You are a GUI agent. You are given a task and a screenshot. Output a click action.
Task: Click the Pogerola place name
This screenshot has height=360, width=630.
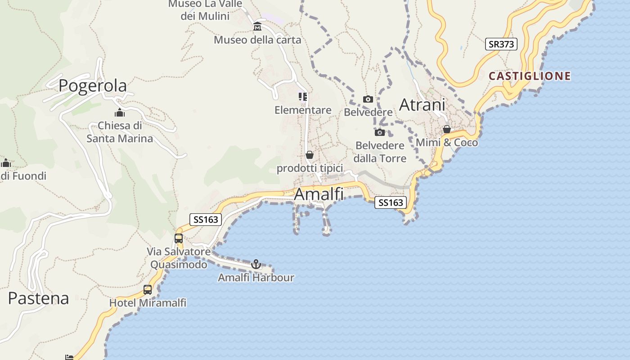pyautogui.click(x=93, y=85)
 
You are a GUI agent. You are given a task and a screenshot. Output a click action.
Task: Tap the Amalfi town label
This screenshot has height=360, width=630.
pyautogui.click(x=319, y=194)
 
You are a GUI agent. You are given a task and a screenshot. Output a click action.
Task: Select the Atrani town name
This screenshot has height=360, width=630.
pyautogui.click(x=422, y=105)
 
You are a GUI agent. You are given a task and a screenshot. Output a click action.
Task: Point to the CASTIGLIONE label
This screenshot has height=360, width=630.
pyautogui.click(x=530, y=76)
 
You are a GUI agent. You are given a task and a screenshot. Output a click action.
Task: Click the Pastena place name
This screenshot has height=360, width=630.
pyautogui.click(x=39, y=298)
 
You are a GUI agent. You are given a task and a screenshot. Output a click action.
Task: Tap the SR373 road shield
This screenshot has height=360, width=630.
pyautogui.click(x=501, y=44)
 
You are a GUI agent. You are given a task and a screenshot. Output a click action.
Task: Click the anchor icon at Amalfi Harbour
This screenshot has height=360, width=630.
pyautogui.click(x=256, y=264)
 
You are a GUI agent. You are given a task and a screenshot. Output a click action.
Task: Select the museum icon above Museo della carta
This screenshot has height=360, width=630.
pyautogui.click(x=257, y=27)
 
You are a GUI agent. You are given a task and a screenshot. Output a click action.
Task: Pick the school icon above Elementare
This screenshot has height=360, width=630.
pyautogui.click(x=303, y=97)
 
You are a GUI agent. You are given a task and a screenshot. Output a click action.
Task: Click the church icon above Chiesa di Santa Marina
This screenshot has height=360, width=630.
pyautogui.click(x=119, y=112)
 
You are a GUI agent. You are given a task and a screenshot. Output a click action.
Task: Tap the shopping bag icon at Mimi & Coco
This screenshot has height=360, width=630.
pyautogui.click(x=447, y=129)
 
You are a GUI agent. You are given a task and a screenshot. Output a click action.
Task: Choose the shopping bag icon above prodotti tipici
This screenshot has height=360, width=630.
pyautogui.click(x=310, y=155)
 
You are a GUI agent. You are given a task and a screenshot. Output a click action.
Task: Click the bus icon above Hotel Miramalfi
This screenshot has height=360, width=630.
pyautogui.click(x=148, y=290)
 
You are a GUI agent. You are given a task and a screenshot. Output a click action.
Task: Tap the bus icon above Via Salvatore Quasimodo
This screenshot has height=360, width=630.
pyautogui.click(x=179, y=238)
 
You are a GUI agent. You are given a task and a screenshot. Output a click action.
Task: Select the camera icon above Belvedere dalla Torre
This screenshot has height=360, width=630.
pyautogui.click(x=380, y=132)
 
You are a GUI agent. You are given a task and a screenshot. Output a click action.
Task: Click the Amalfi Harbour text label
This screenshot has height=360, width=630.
pyautogui.click(x=256, y=278)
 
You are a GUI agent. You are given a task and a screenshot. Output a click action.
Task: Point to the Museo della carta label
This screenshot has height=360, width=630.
pyautogui.click(x=257, y=40)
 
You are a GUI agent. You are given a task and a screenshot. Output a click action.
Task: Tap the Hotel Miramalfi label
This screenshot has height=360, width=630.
pyautogui.click(x=148, y=303)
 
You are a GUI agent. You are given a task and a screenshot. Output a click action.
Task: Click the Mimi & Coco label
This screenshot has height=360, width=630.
pyautogui.click(x=447, y=143)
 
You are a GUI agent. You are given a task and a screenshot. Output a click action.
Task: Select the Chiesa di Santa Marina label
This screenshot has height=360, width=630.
pyautogui.click(x=120, y=132)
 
